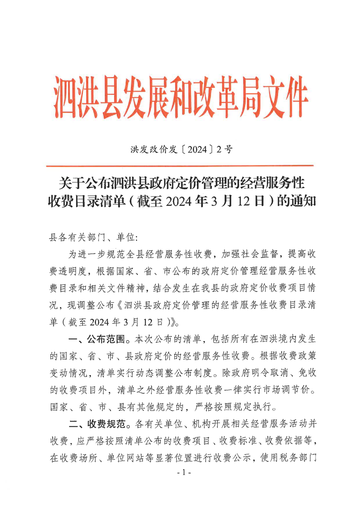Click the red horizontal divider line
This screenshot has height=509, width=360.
180,166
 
